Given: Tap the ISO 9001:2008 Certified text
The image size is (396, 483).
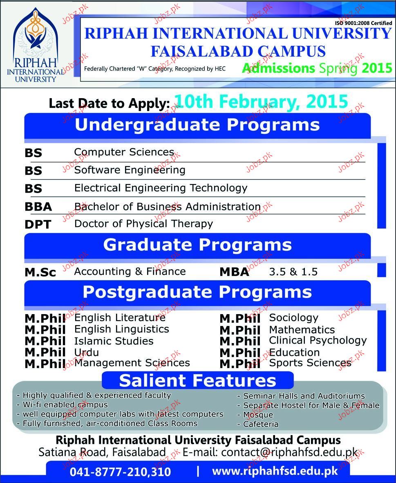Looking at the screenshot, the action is tap(363, 23).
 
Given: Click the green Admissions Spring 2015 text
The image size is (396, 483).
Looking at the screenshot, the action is tap(317, 68).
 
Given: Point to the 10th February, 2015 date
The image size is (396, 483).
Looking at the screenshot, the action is tap(261, 101).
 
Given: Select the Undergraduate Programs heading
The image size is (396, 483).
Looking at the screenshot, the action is tap(197, 125).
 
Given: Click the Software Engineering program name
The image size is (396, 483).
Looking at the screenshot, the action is tap(130, 170).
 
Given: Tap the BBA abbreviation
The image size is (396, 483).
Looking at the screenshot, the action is tap(38, 207).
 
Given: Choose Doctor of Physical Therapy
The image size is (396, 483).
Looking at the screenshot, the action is tap(144, 224).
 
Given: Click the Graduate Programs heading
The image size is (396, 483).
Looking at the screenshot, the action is tap(197, 245).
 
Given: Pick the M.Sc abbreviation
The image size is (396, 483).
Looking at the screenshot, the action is tap(40, 272).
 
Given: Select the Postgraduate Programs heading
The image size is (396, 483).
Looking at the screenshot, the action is tap(197, 292).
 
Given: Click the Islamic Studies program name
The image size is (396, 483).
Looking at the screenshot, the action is tap(114, 341).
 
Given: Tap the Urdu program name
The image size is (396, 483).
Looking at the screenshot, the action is tap(87, 352).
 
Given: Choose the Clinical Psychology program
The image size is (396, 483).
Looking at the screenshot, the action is tap(318, 341).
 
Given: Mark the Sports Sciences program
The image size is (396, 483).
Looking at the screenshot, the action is tap(310, 363).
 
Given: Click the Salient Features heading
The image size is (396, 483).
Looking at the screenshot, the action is tap(197, 380).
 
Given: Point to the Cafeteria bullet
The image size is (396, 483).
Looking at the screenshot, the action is tap(258, 424).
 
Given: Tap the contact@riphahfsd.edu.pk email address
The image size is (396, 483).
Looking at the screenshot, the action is tap(289, 452).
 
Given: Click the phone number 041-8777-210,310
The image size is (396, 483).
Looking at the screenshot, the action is tap(120, 472).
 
